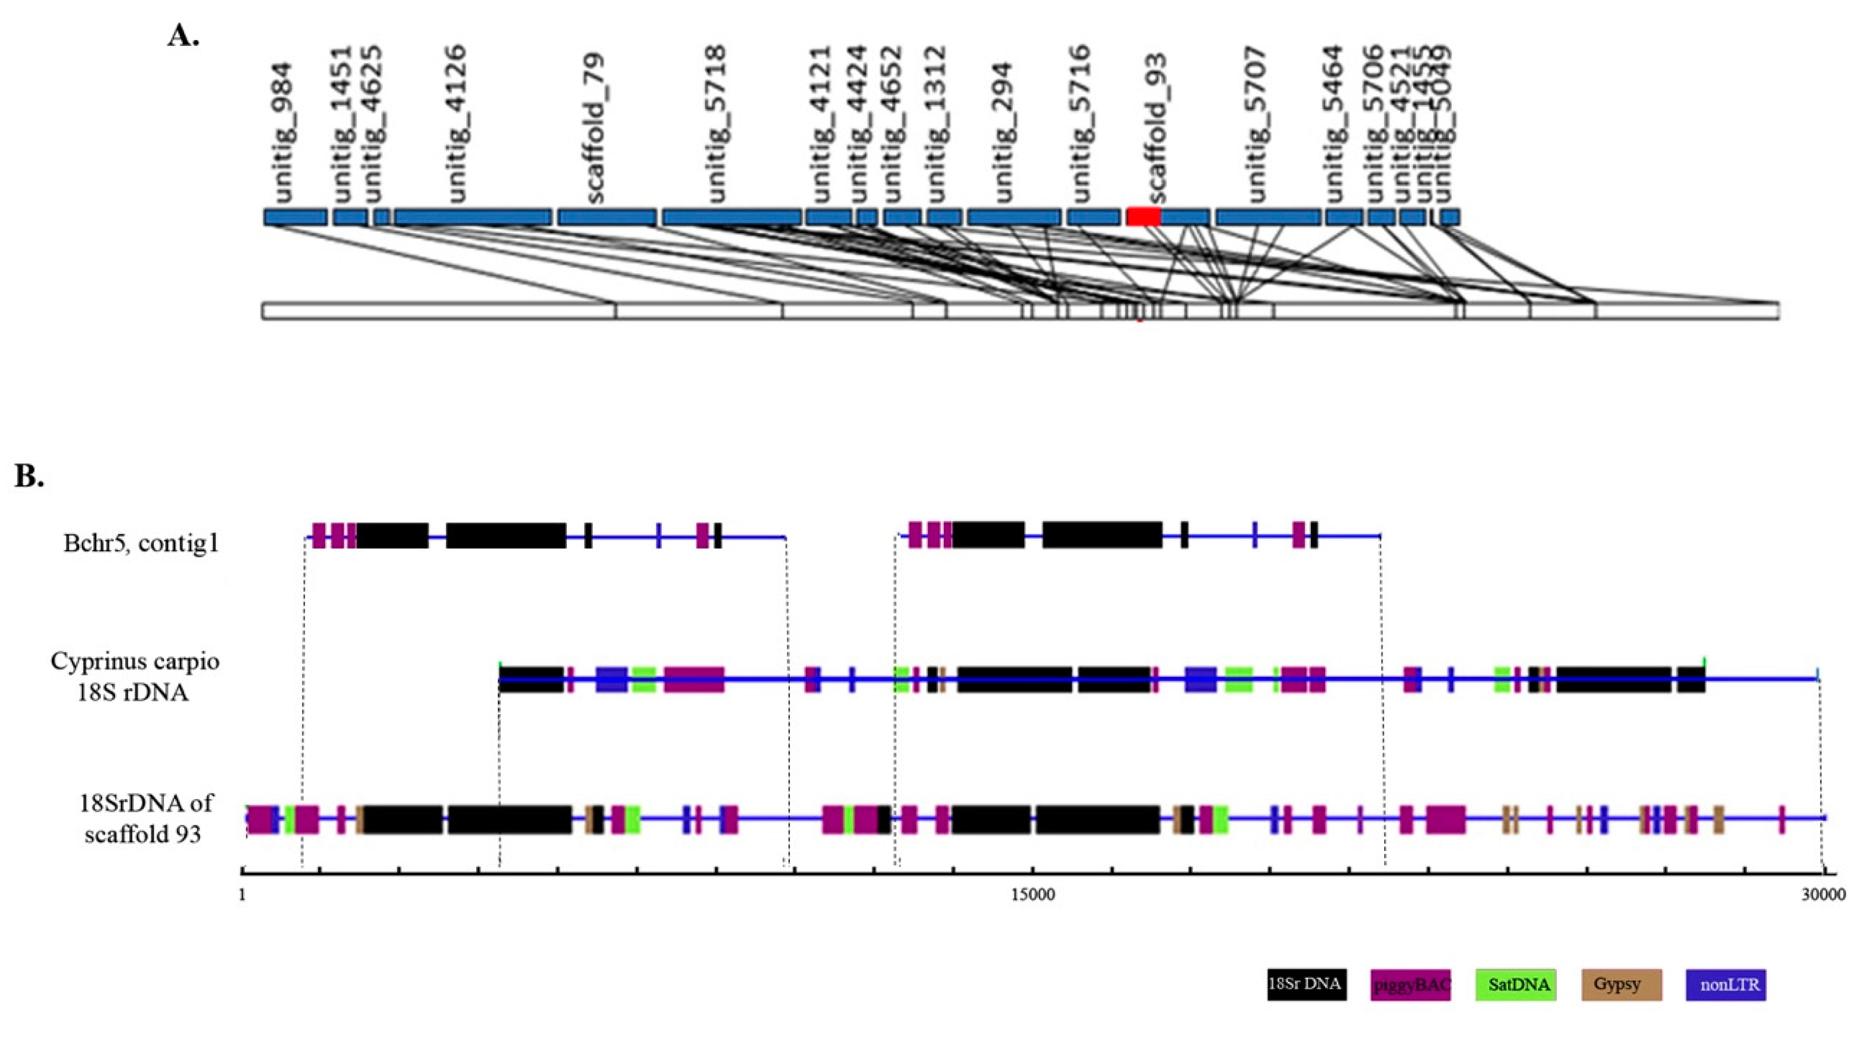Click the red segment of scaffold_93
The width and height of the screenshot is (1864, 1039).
coord(1143,216)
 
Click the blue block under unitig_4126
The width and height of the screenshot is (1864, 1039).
coord(473,216)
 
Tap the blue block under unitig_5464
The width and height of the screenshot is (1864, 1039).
coord(1344,216)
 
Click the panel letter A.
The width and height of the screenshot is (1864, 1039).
coord(182,35)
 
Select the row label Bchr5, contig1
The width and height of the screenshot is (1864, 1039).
coord(141,543)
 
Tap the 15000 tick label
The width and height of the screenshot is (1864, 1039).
coord(1032,895)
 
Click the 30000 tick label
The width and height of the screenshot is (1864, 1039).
coord(1823,895)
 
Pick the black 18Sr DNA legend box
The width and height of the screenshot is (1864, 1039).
coord(1306,985)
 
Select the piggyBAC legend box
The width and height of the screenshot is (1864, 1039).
coord(1411,985)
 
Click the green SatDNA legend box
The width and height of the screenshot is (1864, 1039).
coord(1516,985)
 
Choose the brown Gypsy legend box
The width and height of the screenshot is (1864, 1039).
coord(1621,985)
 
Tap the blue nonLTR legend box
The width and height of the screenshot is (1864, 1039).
coord(1726,985)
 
